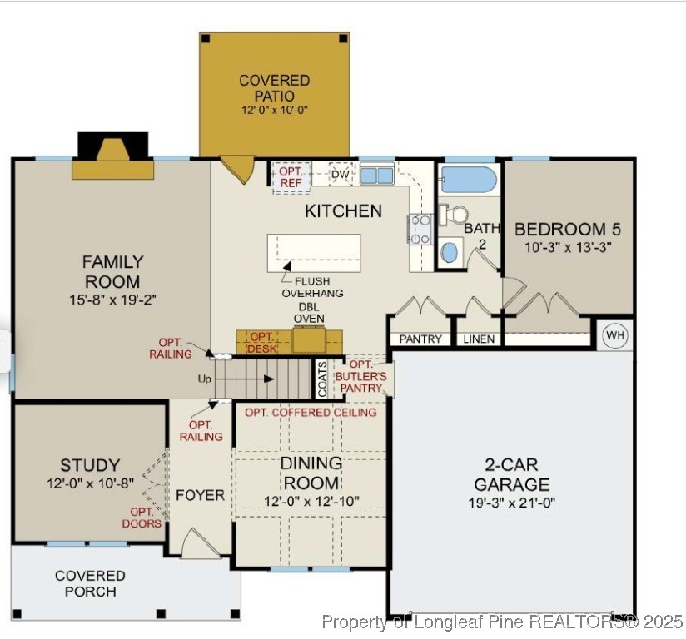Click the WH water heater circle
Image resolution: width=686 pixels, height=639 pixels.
[615, 335]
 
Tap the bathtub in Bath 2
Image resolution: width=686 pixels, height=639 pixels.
[469, 179]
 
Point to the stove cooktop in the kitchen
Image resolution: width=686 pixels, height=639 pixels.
[419, 229]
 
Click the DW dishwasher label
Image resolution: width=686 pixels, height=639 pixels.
[340, 174]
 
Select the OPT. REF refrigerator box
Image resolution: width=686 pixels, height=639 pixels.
[291, 177]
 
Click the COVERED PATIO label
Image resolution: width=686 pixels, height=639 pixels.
[274, 88]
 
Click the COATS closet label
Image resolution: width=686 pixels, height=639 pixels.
[322, 379]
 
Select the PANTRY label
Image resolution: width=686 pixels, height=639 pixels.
[420, 339]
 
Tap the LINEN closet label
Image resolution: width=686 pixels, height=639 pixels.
[479, 339]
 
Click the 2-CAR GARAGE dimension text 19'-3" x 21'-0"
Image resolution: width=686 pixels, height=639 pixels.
[511, 503]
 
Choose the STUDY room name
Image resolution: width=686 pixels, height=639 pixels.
[90, 465]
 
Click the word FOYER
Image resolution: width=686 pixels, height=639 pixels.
[200, 495]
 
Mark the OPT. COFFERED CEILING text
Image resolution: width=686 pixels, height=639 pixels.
[311, 412]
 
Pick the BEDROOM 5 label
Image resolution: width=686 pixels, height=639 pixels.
[567, 230]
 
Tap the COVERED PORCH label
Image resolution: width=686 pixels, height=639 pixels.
[90, 583]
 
